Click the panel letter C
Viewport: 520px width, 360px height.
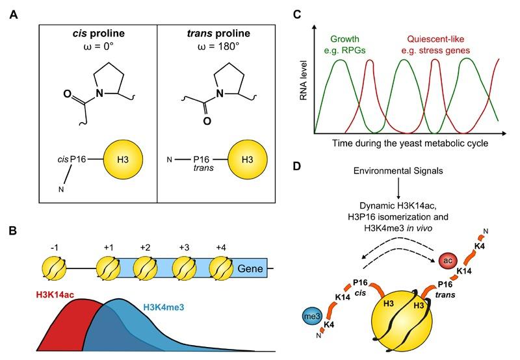tap(298, 14)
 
